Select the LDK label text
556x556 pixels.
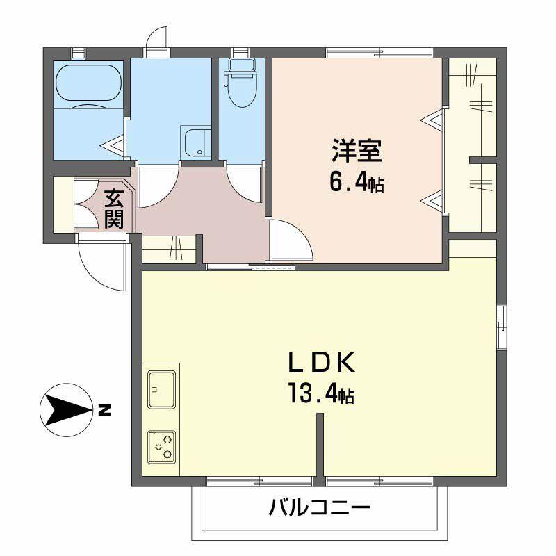click(x=322, y=362)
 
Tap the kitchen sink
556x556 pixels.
click(x=161, y=389)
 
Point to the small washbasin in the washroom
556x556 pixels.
click(x=196, y=142)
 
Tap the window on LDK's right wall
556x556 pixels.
click(x=501, y=324)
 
